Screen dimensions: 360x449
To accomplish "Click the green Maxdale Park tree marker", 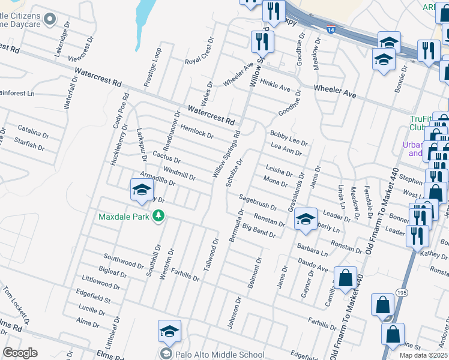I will [158, 215].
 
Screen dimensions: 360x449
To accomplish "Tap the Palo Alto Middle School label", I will [220, 354].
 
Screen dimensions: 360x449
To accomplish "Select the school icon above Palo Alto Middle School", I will [169, 331].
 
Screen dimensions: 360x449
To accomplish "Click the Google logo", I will [20, 353].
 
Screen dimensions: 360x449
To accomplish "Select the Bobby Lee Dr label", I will [289, 139].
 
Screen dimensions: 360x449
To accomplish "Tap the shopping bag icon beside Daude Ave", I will [346, 278].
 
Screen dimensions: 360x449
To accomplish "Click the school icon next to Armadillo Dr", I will [142, 191].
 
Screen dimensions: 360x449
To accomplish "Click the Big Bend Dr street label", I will [259, 230].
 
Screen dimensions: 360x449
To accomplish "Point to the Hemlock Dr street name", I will [197, 131].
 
